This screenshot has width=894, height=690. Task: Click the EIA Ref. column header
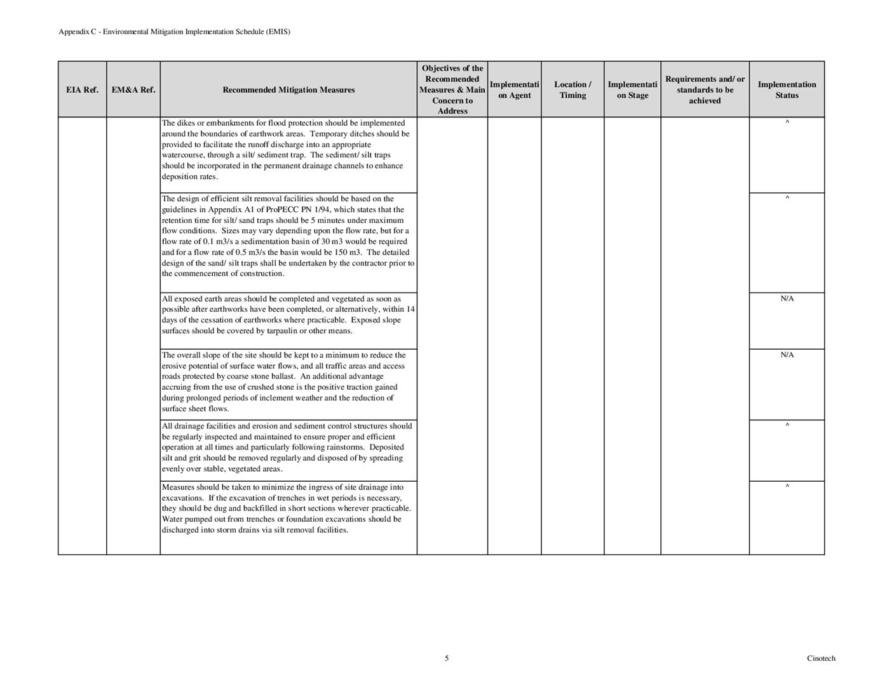point(82,90)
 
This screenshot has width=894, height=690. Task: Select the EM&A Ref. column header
point(133,90)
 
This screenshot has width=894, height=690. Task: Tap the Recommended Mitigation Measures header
point(288,90)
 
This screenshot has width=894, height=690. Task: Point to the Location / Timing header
point(572,90)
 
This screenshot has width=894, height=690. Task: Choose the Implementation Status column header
point(787,90)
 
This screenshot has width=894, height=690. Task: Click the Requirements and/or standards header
point(705,90)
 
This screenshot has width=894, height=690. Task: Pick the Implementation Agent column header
point(514,90)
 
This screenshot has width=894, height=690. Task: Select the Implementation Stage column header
point(632,90)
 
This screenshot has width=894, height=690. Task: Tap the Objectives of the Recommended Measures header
point(452,90)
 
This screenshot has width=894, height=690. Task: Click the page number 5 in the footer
point(447,658)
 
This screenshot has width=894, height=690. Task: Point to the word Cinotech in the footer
point(821,658)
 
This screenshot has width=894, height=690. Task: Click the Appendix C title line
point(174,31)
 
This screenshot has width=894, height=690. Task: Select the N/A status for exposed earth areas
point(787,298)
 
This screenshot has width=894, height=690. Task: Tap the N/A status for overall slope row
point(787,355)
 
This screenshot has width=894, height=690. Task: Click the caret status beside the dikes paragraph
point(787,123)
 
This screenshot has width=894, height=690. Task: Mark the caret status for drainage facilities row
point(787,426)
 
